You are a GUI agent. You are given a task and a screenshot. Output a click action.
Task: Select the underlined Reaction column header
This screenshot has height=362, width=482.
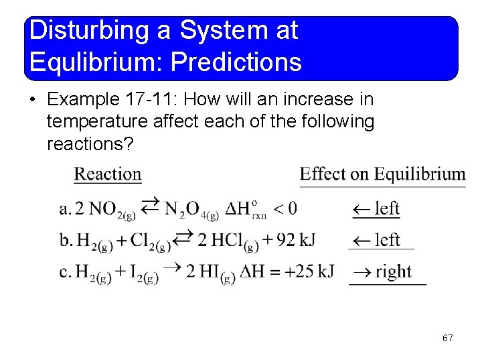(107, 175)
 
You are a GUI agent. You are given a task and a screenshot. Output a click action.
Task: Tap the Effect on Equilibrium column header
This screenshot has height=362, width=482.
(382, 175)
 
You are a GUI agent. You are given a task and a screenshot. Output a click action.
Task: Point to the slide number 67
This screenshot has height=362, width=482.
(447, 339)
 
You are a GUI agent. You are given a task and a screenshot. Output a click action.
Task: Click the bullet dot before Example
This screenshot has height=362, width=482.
(33, 101)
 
